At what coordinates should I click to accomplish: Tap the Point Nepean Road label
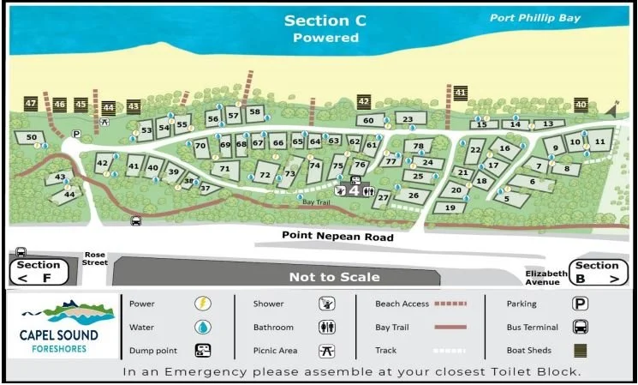(338, 237)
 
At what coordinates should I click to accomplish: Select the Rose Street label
(94, 258)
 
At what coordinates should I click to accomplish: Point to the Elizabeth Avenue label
(546, 277)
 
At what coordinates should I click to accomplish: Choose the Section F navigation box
(39, 271)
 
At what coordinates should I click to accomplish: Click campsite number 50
(32, 137)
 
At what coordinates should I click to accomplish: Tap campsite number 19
(450, 208)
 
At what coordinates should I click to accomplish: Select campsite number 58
(254, 112)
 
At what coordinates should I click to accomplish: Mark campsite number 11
(599, 140)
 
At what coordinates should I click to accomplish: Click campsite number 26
(413, 196)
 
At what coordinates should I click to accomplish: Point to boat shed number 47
(31, 105)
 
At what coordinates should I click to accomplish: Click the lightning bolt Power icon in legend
(202, 304)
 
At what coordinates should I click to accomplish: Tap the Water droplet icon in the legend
(202, 327)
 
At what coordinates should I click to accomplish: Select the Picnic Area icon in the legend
(325, 350)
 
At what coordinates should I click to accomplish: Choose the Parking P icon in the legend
(580, 304)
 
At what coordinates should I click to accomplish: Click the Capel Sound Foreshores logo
(60, 325)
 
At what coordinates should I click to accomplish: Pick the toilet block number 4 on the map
(354, 191)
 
